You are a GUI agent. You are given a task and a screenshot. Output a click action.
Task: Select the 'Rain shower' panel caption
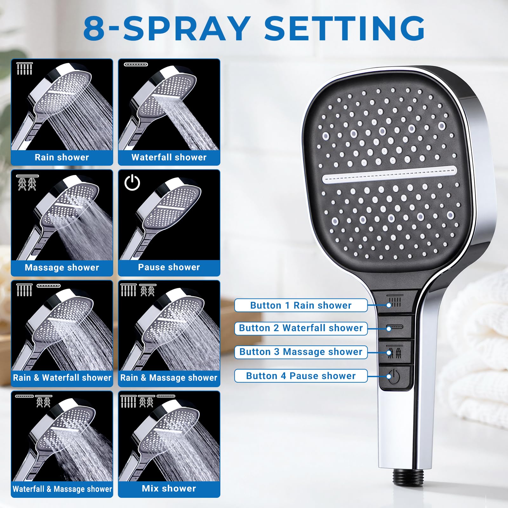pos(62,157)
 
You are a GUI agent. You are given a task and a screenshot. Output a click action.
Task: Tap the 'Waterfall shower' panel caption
pos(169,157)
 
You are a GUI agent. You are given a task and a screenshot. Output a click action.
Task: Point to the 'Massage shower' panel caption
pos(62,268)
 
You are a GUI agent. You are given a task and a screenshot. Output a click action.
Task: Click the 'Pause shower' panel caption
pos(169,267)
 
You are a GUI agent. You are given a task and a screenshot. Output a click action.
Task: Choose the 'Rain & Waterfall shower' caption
pos(62,378)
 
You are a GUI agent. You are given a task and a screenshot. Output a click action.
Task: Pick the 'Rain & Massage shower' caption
pos(169,378)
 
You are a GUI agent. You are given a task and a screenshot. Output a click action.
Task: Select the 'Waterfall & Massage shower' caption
pos(62,489)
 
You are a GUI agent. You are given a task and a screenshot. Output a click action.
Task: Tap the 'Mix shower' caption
pos(169,488)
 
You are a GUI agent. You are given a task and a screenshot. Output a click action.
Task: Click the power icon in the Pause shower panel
pos(132,183)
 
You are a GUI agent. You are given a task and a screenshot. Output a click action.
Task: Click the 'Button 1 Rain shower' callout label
pos(301,305)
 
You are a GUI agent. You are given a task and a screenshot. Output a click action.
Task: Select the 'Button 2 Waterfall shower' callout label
pos(301,328)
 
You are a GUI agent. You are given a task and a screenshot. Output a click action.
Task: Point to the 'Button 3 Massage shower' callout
pos(301,352)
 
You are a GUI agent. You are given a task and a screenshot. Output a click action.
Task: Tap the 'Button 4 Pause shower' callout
pos(301,376)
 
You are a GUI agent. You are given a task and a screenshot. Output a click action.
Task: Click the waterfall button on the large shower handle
pos(395,327)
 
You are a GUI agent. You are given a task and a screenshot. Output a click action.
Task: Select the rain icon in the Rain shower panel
pos(24,68)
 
